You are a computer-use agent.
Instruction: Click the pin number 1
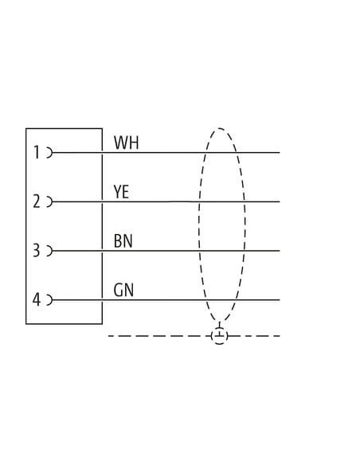37,152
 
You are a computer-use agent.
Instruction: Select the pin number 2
37,201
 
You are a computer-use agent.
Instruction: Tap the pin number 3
36,250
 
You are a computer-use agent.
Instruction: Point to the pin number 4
36,299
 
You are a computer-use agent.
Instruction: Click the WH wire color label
127,143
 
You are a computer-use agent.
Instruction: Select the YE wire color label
121,192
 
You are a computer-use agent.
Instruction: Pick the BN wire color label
123,240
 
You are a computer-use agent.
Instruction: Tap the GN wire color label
123,290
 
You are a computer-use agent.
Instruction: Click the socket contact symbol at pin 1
50,153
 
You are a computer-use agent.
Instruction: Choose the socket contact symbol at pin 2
50,201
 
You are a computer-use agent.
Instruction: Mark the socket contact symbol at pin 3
50,251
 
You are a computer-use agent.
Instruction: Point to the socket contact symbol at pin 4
50,300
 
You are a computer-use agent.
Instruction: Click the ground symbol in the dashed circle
220,335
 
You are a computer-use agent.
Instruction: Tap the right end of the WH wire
280,153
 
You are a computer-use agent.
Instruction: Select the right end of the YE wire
280,201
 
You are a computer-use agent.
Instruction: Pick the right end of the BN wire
280,251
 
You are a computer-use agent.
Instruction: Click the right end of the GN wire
280,300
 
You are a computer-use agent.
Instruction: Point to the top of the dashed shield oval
220,128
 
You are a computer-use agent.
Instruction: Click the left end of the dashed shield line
108,336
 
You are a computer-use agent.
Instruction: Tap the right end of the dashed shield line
280,336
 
